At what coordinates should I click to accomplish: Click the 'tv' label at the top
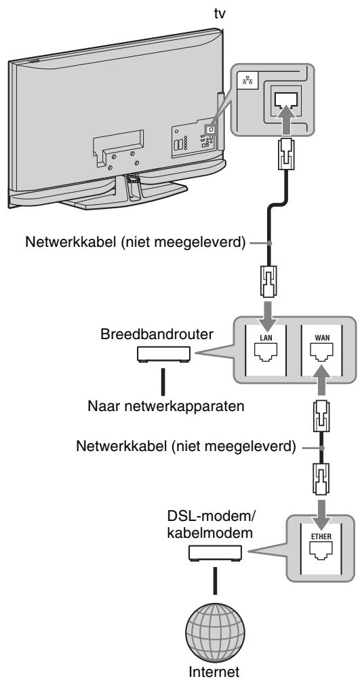[220, 14]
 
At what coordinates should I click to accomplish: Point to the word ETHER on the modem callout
[321, 537]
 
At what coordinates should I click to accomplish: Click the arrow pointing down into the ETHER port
[321, 513]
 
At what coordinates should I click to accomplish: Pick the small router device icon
[163, 354]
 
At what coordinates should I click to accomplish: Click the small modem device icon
[215, 553]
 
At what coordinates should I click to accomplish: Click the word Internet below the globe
[214, 672]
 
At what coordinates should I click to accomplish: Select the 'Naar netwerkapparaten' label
[165, 407]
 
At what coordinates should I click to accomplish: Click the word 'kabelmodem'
[209, 533]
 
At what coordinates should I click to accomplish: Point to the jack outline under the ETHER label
[321, 550]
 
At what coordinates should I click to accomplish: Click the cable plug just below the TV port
[287, 154]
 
